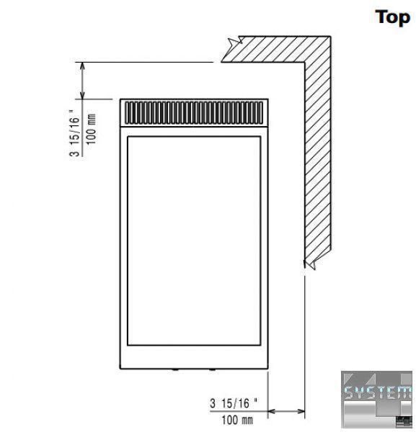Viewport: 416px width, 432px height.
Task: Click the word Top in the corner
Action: click(392, 17)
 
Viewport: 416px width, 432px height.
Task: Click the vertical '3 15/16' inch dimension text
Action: click(74, 133)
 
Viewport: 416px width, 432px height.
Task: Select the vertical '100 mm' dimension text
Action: click(91, 129)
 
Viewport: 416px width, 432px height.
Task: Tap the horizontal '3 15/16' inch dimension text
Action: click(234, 403)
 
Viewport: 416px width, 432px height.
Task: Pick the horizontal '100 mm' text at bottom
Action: click(237, 420)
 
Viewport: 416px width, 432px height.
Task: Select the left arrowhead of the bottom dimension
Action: click(272, 411)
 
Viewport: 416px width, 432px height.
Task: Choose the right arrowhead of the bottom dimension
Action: click(301, 411)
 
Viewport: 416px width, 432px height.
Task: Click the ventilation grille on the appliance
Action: click(194, 113)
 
